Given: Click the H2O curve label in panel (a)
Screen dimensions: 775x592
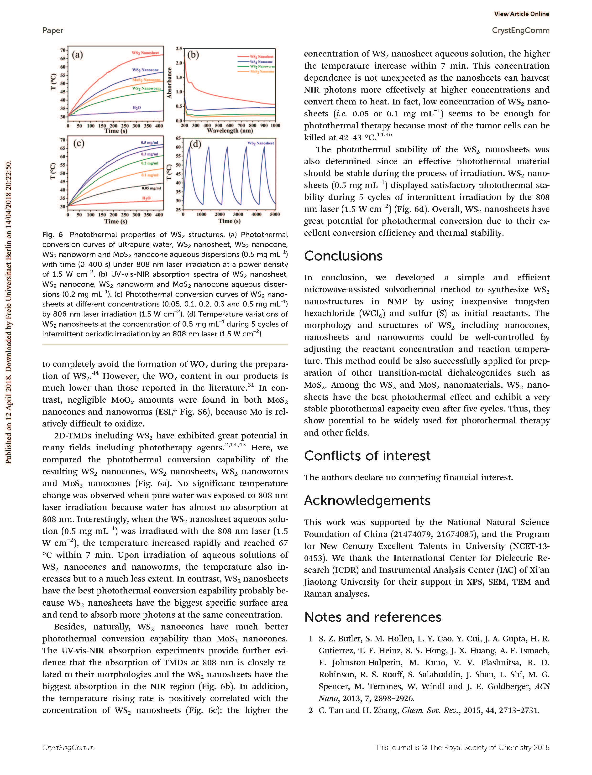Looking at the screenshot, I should click(137, 107).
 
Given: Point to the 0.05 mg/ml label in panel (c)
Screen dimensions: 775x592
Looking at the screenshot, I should click(151, 188).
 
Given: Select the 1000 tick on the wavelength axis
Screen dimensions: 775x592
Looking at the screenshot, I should click(275, 125).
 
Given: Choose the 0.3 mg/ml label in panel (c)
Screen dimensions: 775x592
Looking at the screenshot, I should click(150, 154).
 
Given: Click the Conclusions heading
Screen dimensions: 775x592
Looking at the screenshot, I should click(343, 256).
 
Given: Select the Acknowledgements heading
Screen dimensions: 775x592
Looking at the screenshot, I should click(367, 500).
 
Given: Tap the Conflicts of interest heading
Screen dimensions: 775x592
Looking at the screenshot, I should click(367, 456).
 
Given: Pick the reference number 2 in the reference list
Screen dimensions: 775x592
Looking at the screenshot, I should click(310, 710).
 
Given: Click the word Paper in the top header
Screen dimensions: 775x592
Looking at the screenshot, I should click(53, 30).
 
